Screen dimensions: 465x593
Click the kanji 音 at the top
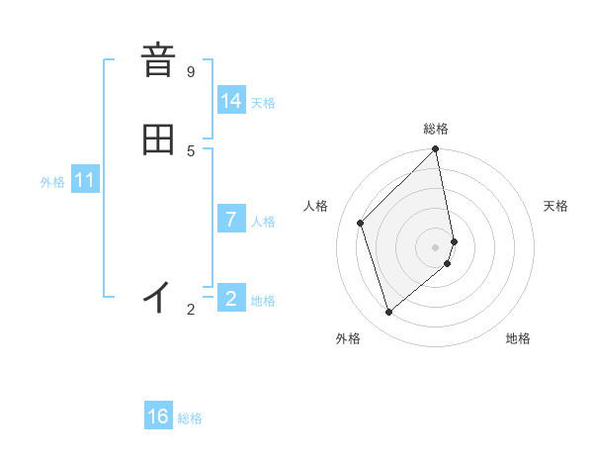click(158, 61)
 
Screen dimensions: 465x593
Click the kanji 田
click(158, 139)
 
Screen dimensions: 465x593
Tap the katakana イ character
click(158, 296)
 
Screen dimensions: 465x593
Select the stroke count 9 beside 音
click(191, 71)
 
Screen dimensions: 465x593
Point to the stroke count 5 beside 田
click(191, 150)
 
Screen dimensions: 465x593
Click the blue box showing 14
click(231, 101)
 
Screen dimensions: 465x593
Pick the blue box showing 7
click(231, 220)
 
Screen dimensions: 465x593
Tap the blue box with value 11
click(85, 181)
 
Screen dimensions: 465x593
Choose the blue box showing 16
click(158, 417)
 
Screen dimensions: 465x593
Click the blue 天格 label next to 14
click(263, 103)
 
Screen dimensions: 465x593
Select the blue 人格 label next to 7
click(263, 222)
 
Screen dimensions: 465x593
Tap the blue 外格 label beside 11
click(52, 182)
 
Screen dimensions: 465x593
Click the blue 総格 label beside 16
click(190, 418)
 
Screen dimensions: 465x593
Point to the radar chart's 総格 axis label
click(436, 129)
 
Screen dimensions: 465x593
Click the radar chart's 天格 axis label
click(555, 206)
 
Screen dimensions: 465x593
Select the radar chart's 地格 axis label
click(518, 338)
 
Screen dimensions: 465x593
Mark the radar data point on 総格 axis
click(436, 150)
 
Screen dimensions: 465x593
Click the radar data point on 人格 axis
click(361, 223)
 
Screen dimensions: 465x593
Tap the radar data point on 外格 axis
click(389, 313)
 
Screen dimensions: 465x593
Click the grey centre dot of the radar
click(436, 246)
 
